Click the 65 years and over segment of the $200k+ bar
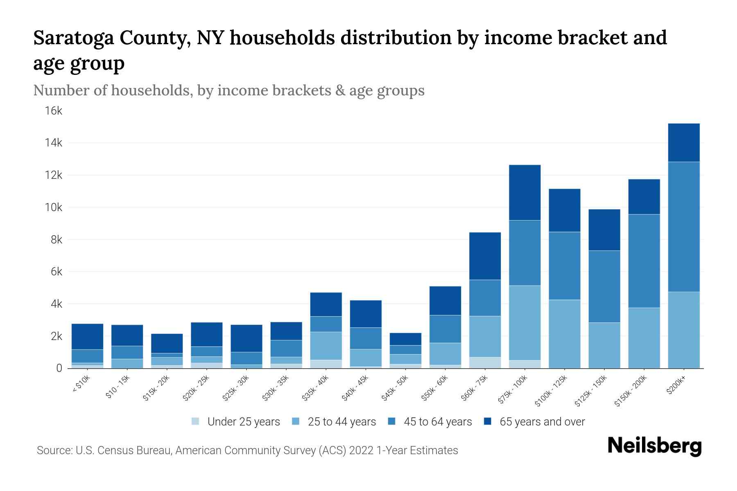(683, 142)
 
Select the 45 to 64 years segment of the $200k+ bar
(683, 227)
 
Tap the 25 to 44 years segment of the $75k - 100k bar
(524, 323)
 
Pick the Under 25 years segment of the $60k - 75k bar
(485, 363)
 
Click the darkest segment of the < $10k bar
(87, 336)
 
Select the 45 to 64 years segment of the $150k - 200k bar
(644, 261)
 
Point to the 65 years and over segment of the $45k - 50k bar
(405, 339)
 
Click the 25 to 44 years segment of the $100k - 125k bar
(564, 334)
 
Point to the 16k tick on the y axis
(54, 111)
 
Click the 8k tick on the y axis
(56, 240)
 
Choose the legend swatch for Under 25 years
(195, 421)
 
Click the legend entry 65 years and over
(542, 422)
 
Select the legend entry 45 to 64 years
(437, 422)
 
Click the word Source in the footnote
(54, 450)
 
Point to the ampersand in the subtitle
(340, 90)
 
